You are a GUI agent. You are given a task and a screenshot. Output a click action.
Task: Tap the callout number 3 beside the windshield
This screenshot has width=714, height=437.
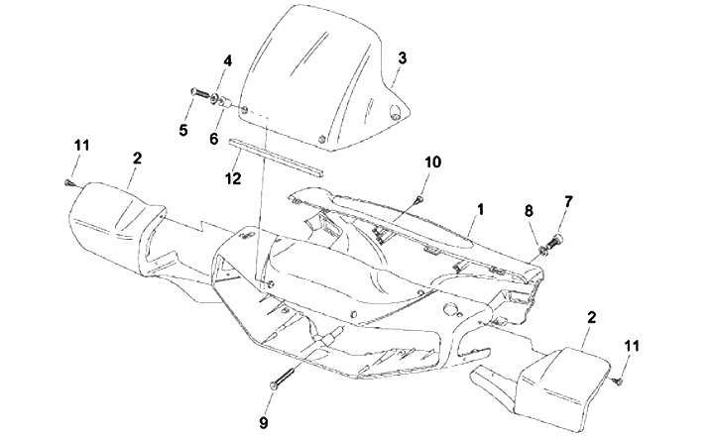coord(402,57)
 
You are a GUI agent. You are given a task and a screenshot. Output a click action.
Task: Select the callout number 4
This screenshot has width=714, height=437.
coord(227,60)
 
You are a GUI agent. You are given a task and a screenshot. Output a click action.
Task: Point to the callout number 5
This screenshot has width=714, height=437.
coord(183,129)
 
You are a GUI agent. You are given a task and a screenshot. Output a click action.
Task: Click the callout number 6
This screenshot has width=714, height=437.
coord(213,139)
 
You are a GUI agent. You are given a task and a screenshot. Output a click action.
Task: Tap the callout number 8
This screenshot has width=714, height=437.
coord(529,210)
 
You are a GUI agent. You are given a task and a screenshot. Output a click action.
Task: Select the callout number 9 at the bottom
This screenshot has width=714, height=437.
coord(264,423)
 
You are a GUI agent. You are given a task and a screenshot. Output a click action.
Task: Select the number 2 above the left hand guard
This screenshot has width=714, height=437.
coord(137,158)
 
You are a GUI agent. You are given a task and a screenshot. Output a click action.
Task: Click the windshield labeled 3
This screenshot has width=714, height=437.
coord(317,79)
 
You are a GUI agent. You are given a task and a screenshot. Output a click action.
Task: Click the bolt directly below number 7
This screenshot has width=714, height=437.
coord(553,239)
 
